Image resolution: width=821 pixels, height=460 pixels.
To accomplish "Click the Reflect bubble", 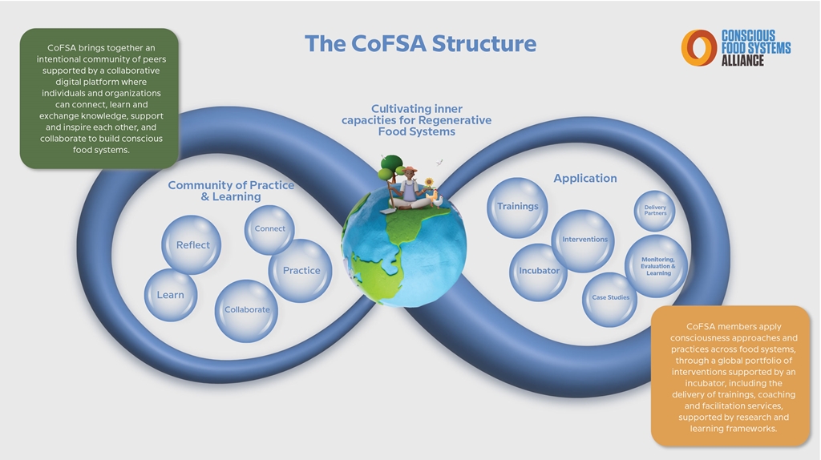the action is click(x=191, y=245).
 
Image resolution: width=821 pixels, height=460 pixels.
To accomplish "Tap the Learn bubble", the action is click(x=171, y=295).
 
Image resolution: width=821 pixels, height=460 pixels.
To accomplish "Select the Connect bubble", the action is click(x=269, y=229).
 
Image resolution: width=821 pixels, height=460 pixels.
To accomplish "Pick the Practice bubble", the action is click(x=301, y=271).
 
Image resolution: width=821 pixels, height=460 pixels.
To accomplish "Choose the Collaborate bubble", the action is click(x=247, y=311).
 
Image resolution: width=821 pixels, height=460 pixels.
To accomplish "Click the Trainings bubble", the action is click(x=517, y=208).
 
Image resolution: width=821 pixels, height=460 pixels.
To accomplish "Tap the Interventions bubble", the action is click(x=584, y=240).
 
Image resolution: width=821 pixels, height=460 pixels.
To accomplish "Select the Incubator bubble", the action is click(x=538, y=272).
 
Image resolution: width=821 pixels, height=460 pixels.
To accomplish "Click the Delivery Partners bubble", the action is click(x=654, y=211).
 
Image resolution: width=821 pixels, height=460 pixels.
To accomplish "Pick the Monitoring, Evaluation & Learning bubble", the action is click(x=657, y=266).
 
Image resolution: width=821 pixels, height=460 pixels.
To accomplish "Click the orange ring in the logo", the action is click(x=699, y=47).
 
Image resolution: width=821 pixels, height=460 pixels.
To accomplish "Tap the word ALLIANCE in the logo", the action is click(x=742, y=61).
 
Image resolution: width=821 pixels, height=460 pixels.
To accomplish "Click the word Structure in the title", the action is click(x=483, y=43).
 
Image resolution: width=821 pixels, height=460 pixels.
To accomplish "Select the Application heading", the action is click(x=584, y=179).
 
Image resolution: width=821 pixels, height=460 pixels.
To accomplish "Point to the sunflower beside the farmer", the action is click(x=429, y=183).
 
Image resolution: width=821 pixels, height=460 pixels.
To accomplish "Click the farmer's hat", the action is click(x=410, y=169).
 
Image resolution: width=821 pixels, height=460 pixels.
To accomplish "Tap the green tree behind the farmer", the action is click(x=390, y=167).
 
